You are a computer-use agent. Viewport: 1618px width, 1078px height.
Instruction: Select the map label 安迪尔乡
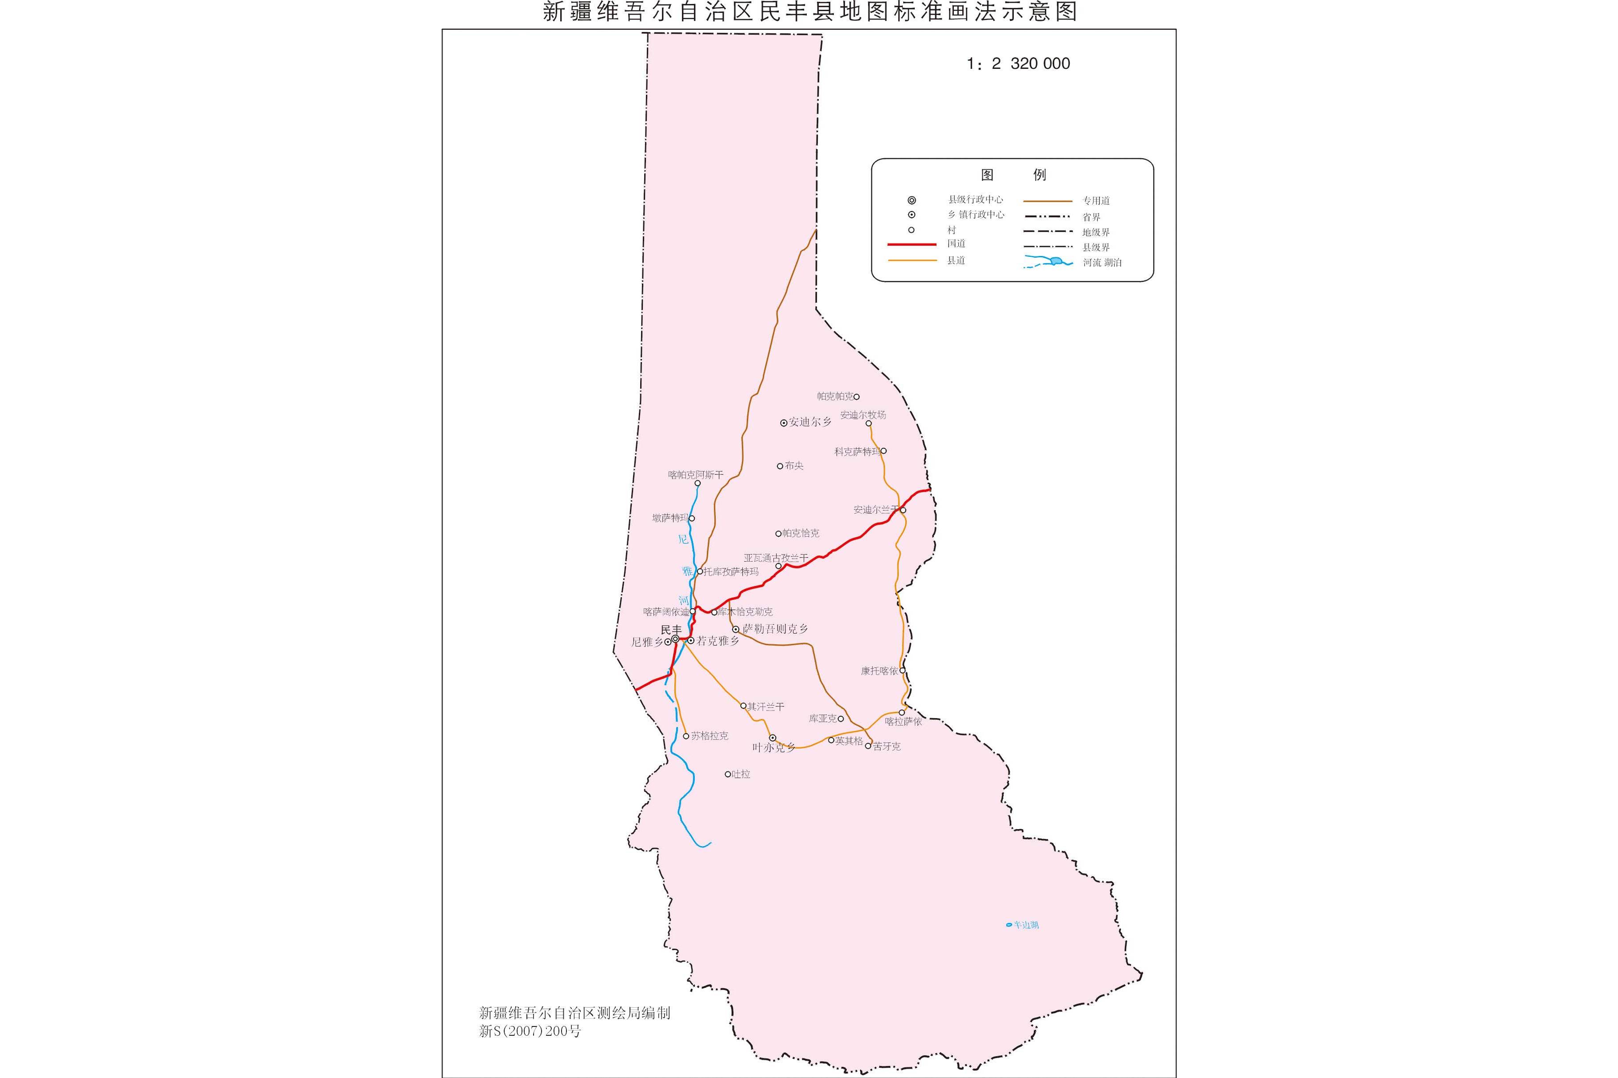click(x=810, y=422)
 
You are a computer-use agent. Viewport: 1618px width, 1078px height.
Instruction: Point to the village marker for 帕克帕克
click(x=857, y=397)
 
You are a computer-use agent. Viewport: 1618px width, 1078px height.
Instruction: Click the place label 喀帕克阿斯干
click(x=696, y=475)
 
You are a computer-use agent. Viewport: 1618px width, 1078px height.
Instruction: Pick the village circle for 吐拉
click(x=728, y=774)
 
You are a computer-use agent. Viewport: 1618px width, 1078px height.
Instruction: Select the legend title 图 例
click(x=1013, y=175)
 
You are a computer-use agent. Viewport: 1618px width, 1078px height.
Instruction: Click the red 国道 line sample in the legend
click(x=912, y=244)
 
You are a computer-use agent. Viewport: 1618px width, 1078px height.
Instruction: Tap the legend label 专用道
click(x=1096, y=201)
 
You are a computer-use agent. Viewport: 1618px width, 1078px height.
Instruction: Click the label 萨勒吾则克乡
click(x=775, y=629)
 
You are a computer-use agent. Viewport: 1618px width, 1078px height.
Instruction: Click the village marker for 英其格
click(x=831, y=740)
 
